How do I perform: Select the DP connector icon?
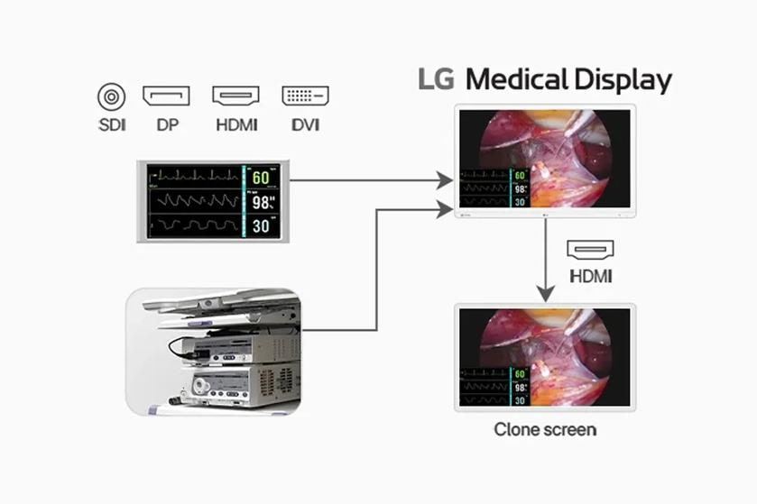(166, 96)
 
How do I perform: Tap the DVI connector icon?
(305, 96)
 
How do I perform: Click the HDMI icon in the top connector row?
(235, 96)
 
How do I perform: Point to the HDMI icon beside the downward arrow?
(591, 250)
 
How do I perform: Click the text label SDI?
(111, 124)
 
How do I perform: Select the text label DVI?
(305, 124)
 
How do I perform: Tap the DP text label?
(167, 124)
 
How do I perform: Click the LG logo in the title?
(438, 79)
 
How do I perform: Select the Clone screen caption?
(544, 429)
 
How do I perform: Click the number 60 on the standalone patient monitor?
(261, 178)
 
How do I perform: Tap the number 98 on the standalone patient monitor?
(263, 202)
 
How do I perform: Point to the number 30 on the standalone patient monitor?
(261, 226)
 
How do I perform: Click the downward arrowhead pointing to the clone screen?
(544, 293)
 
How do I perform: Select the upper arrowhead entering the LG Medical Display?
(443, 181)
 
